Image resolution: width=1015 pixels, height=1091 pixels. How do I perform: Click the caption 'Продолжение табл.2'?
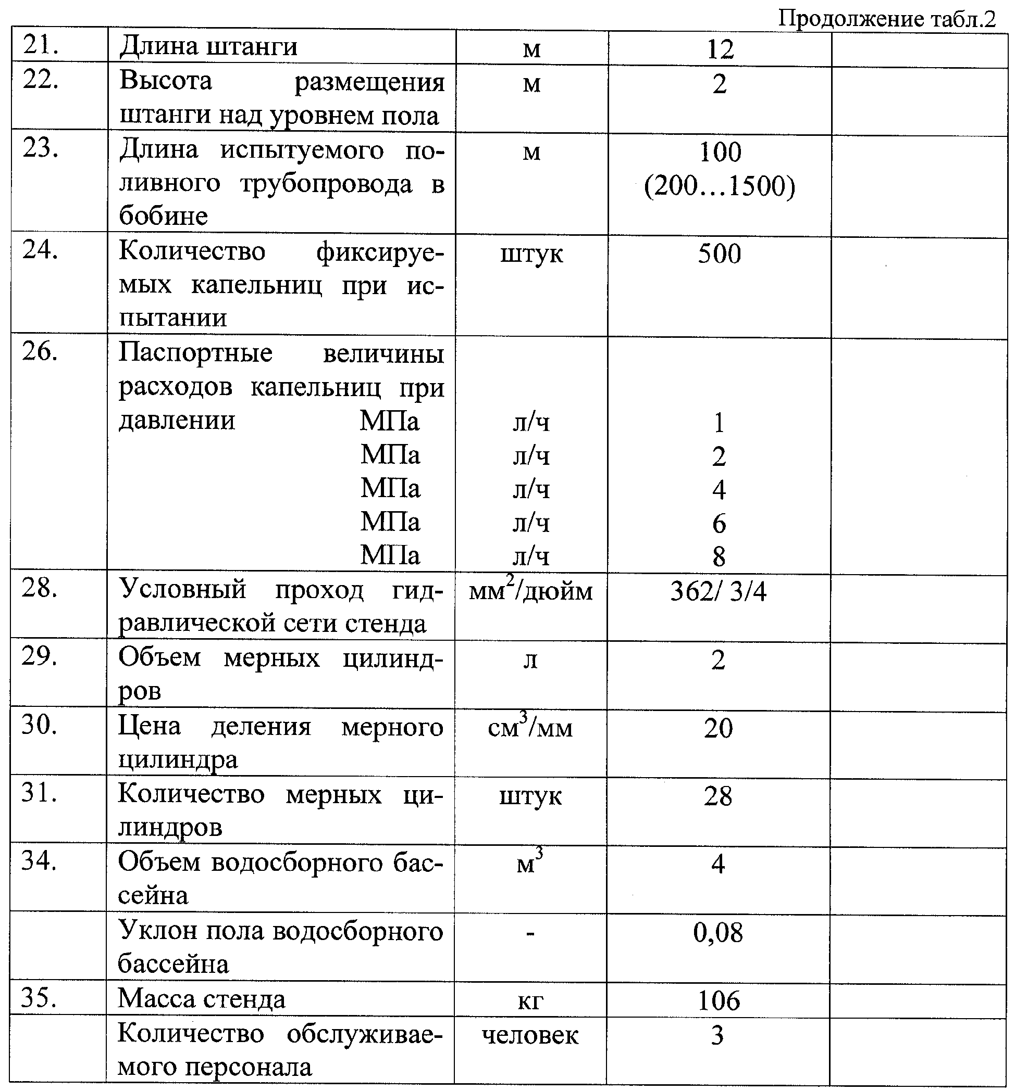886,19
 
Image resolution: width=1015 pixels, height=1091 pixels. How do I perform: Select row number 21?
41,45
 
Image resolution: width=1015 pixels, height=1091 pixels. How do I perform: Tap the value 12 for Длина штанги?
720,50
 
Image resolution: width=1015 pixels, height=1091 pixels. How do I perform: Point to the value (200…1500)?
720,186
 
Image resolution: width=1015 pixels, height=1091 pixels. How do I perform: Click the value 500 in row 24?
720,253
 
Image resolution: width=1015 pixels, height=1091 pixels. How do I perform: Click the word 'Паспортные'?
195,353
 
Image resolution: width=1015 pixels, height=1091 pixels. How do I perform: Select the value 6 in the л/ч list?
719,524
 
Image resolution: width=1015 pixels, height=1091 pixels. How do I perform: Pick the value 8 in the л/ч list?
719,557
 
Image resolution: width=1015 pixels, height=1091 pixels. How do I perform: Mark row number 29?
40,656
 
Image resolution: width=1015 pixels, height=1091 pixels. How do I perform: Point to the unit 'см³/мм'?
530,728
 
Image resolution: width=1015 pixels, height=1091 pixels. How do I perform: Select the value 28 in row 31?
719,796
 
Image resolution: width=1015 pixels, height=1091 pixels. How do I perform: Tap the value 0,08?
719,932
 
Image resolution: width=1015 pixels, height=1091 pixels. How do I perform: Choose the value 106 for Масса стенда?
719,1000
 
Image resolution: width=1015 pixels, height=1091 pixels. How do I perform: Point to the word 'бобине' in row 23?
164,216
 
